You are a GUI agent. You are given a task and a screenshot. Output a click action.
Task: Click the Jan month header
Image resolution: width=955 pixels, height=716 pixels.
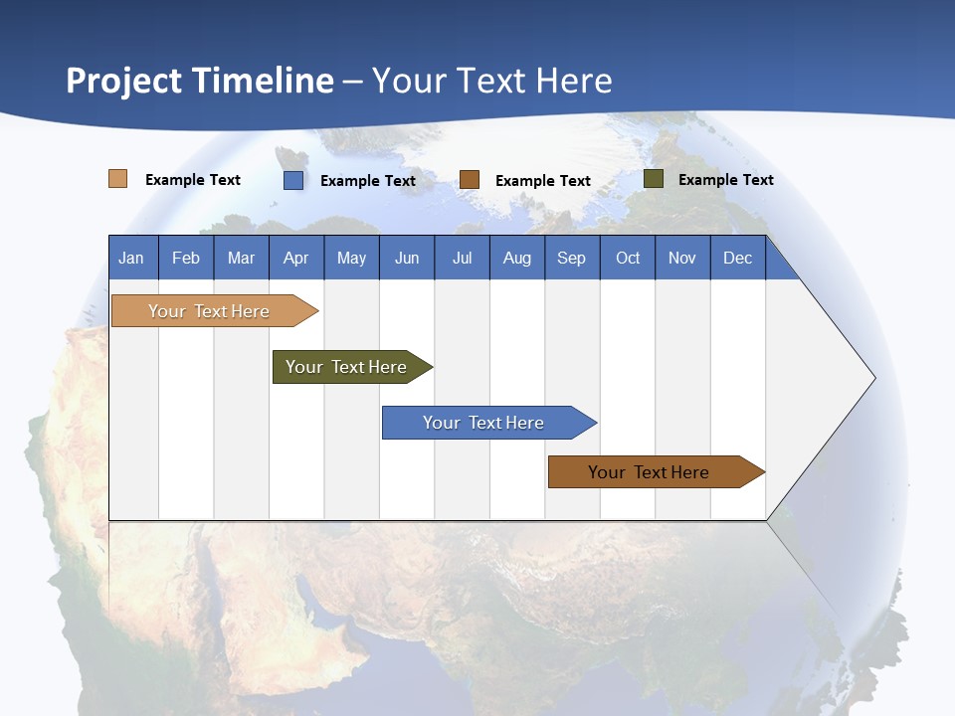(x=132, y=258)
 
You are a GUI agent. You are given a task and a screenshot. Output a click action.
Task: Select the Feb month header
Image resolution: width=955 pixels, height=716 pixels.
(x=186, y=258)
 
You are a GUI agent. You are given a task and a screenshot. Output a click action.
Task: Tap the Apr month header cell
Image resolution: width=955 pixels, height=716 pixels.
(x=296, y=258)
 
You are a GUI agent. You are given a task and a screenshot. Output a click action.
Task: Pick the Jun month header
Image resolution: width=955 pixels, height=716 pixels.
(x=407, y=258)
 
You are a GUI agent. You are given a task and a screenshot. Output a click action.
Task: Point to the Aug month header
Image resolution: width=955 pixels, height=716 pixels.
(x=517, y=258)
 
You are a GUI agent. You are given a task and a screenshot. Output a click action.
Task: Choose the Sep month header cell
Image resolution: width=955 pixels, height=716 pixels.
(x=572, y=258)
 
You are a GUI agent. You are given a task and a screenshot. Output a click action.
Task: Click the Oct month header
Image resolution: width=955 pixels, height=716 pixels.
(x=628, y=258)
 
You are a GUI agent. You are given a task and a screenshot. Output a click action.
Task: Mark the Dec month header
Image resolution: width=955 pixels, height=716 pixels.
(x=738, y=258)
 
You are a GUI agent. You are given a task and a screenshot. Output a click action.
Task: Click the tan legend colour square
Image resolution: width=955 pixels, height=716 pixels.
(x=118, y=179)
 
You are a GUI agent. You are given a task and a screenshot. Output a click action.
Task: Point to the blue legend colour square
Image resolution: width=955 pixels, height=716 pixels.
(x=293, y=180)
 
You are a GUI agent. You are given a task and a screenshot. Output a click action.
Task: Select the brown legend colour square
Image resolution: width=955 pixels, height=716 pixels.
(x=470, y=180)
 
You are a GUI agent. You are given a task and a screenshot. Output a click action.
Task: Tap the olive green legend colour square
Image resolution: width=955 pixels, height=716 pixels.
(x=654, y=179)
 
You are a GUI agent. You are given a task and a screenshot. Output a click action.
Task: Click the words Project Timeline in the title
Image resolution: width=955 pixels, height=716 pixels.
(x=200, y=81)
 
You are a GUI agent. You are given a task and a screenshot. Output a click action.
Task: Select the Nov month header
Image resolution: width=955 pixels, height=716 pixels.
(x=682, y=258)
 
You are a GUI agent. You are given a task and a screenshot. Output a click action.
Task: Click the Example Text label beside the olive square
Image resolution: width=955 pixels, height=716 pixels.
(x=725, y=180)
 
